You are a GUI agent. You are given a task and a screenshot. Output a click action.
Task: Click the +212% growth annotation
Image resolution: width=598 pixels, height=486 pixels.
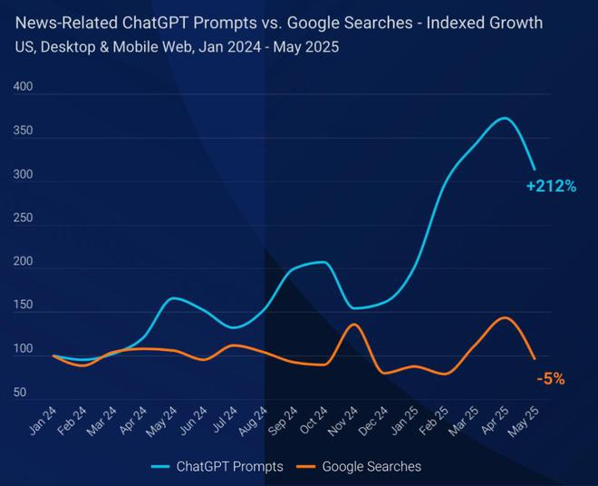pyautogui.click(x=551, y=187)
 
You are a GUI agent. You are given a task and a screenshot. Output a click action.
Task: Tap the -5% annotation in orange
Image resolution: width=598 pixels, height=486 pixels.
pyautogui.click(x=550, y=379)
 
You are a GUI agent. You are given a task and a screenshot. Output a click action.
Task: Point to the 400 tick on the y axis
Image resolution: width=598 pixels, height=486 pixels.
pyautogui.click(x=24, y=88)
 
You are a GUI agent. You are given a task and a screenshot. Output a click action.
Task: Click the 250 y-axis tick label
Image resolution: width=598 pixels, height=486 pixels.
pyautogui.click(x=24, y=219)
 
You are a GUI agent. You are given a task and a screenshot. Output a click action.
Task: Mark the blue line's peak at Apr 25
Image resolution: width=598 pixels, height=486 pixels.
pyautogui.click(x=505, y=118)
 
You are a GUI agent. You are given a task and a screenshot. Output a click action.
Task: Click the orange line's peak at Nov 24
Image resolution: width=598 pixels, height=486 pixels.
pyautogui.click(x=354, y=325)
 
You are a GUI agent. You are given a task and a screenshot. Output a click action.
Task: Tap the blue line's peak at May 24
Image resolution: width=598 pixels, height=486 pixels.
pyautogui.click(x=175, y=297)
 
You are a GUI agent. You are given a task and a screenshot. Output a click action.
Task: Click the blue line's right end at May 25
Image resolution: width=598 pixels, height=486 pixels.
pyautogui.click(x=535, y=170)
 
